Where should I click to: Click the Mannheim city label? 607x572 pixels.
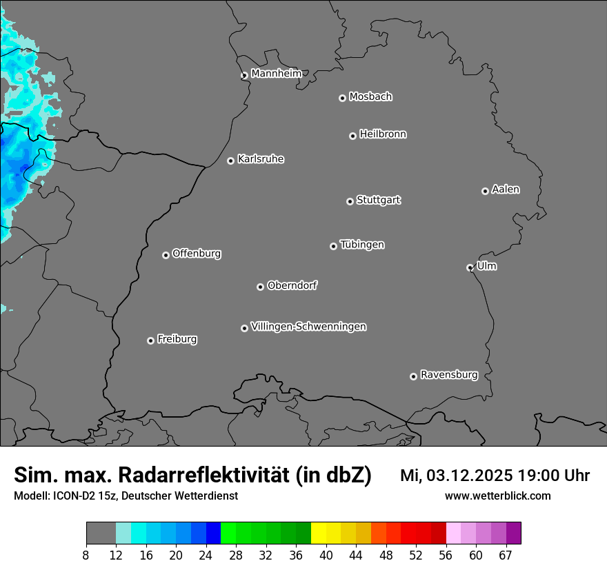click(x=276, y=74)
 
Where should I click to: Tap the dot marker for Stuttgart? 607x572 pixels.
click(x=350, y=201)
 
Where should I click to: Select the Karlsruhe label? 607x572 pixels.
click(x=261, y=159)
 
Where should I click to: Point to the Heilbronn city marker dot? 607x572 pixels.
click(x=352, y=136)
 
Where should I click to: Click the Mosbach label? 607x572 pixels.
click(x=370, y=97)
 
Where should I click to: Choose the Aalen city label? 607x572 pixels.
click(x=506, y=190)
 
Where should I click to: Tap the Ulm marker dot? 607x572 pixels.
click(x=470, y=267)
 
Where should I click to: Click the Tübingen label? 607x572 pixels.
click(x=362, y=245)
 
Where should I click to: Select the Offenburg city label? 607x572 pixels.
click(x=197, y=254)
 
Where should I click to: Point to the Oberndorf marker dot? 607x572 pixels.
click(x=260, y=287)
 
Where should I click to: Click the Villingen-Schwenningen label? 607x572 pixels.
click(x=308, y=327)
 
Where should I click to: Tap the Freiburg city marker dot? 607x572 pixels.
click(x=150, y=340)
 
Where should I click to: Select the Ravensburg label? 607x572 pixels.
click(x=449, y=375)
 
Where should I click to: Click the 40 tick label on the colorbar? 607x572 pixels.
click(x=326, y=555)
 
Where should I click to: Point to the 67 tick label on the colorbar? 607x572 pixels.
click(x=506, y=555)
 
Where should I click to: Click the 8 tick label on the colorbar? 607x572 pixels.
click(x=86, y=555)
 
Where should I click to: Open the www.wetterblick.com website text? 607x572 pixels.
click(x=497, y=496)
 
